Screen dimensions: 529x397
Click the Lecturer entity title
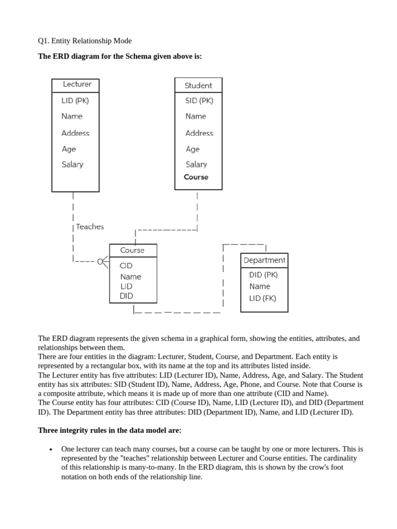77,84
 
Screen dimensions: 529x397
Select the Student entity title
198,86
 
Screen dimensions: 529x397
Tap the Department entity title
264,260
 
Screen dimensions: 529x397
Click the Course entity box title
132,251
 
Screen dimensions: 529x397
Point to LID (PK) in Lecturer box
79,101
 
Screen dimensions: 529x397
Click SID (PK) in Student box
199,101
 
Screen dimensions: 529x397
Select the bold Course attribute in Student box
196,177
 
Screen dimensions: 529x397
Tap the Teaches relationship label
89,227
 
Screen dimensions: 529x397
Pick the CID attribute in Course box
126,266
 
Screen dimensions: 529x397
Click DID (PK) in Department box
263,275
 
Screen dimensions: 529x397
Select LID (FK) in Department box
263,298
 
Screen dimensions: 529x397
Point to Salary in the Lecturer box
72,164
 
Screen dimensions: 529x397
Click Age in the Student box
192,149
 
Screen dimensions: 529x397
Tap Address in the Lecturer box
75,133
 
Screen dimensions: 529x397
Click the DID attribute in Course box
126,296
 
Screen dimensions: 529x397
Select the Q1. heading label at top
45,41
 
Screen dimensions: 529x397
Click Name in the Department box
259,286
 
